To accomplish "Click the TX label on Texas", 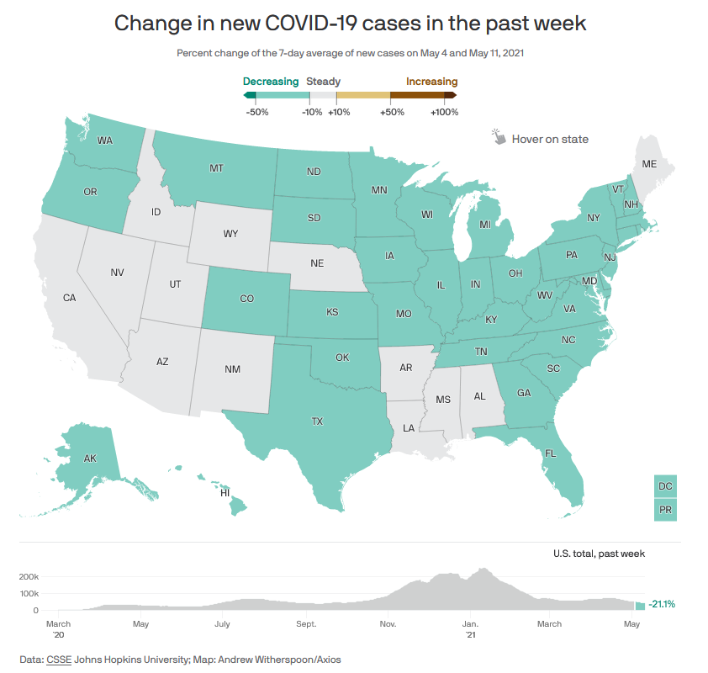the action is click(x=317, y=421).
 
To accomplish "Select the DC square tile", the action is click(x=665, y=486).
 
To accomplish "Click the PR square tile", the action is click(x=665, y=510).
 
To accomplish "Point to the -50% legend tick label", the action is click(x=256, y=112).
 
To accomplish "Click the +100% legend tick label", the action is click(x=443, y=112).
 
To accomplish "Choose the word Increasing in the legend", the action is click(x=431, y=82).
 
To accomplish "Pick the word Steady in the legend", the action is click(x=324, y=82).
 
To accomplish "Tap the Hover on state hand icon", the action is click(x=499, y=137).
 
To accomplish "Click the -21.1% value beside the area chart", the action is click(x=662, y=604).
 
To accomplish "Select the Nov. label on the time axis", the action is click(x=388, y=623).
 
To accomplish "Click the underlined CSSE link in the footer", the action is click(x=59, y=660).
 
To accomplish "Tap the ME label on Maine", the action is click(x=649, y=165).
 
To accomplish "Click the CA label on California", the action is click(x=70, y=298).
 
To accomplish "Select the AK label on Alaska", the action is click(x=90, y=458).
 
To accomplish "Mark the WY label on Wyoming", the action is click(x=230, y=234).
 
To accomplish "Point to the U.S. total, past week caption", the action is click(x=599, y=553).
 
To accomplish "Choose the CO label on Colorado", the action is click(x=246, y=299).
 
